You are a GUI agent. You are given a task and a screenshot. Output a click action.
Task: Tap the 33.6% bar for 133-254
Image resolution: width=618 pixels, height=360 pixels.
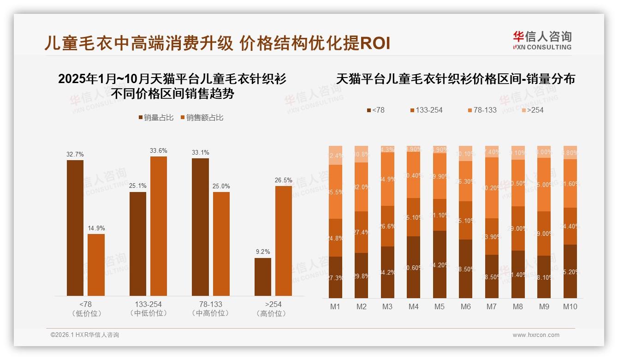click(x=158, y=226)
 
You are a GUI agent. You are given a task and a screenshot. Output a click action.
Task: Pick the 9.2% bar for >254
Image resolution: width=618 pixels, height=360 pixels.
click(x=263, y=276)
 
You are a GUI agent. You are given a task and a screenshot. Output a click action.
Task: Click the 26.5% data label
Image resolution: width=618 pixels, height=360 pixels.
click(x=284, y=180)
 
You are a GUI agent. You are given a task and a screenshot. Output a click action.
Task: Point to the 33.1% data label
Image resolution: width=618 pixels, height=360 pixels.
click(x=200, y=152)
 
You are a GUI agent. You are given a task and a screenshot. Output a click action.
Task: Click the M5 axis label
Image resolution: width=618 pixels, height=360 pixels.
click(x=440, y=306)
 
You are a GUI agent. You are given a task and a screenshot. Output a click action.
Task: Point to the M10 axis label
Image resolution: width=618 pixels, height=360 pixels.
click(x=570, y=306)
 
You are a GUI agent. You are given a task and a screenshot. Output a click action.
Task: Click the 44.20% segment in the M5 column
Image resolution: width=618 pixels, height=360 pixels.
click(x=440, y=264)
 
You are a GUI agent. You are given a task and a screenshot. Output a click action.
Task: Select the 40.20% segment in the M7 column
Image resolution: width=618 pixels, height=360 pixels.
click(x=492, y=188)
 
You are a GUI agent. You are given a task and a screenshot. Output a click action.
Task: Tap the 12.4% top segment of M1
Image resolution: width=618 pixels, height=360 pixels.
click(x=335, y=155)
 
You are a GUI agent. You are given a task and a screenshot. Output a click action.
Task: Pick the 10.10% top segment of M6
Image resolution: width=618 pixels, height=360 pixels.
click(x=466, y=153)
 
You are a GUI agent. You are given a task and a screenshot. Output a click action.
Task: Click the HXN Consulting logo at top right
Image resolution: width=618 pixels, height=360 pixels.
click(x=542, y=40)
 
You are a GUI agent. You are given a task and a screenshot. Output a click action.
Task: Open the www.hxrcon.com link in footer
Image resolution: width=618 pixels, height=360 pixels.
click(x=536, y=335)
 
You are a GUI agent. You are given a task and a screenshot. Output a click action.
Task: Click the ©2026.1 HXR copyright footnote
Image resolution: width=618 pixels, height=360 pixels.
click(x=84, y=335)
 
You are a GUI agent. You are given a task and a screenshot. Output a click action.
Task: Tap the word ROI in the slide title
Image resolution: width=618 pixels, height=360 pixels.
click(x=374, y=43)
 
